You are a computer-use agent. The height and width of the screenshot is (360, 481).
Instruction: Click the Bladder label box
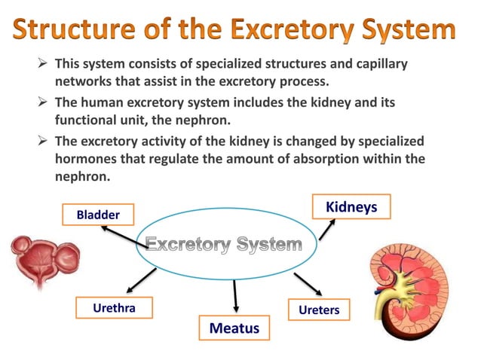(x=99, y=215)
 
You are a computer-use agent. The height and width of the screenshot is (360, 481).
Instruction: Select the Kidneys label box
(x=351, y=206)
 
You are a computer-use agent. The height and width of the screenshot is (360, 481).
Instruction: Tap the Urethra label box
(x=114, y=308)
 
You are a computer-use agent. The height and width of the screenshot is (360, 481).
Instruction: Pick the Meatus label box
(x=234, y=328)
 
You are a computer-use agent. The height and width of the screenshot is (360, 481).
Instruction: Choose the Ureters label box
(x=319, y=310)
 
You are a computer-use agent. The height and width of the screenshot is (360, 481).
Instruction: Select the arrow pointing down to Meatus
(x=236, y=296)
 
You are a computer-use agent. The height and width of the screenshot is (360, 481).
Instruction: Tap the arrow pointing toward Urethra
(x=140, y=280)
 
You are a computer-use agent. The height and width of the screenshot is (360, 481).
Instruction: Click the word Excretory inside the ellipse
(x=187, y=245)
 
